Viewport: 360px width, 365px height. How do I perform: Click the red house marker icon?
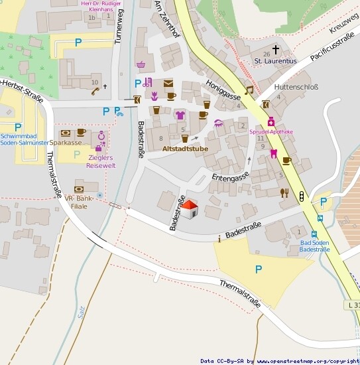(190, 209)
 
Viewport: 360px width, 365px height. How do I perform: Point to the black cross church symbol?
(275, 50)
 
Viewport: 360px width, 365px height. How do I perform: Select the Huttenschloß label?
(296, 86)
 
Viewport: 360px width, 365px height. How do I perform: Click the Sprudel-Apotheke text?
(270, 132)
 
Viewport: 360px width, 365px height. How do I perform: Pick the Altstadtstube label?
(185, 149)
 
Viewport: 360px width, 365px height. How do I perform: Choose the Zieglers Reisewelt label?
(101, 161)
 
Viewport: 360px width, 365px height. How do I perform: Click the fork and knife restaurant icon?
(284, 192)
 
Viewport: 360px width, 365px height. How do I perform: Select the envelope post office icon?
(168, 83)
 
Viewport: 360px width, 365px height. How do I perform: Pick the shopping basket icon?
(141, 64)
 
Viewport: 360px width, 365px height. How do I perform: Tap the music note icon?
(249, 90)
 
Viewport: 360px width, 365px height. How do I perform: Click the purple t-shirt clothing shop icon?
(180, 115)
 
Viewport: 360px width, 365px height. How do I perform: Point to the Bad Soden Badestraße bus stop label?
(314, 246)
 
